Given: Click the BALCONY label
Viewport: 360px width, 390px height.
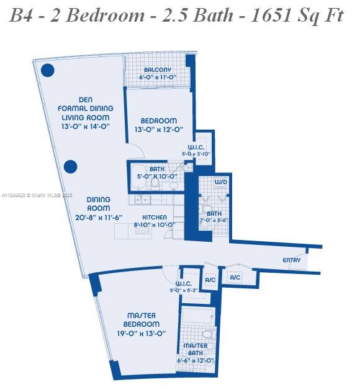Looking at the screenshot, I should click(x=158, y=70).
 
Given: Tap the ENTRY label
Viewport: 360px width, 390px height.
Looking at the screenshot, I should click(x=292, y=260).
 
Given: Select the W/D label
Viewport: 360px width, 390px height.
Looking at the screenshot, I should click(x=220, y=182).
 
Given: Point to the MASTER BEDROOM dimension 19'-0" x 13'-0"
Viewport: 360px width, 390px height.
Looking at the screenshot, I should click(x=142, y=333).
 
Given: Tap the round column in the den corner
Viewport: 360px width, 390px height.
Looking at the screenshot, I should click(x=47, y=70).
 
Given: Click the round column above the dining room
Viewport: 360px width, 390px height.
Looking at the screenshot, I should click(x=71, y=166).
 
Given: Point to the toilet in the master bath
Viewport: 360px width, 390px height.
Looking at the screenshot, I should click(x=208, y=334).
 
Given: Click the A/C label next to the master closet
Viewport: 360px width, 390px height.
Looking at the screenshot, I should click(x=210, y=280).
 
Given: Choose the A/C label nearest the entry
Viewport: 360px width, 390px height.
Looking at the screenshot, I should click(x=235, y=278).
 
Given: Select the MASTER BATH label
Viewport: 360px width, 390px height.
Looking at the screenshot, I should click(x=196, y=350).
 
